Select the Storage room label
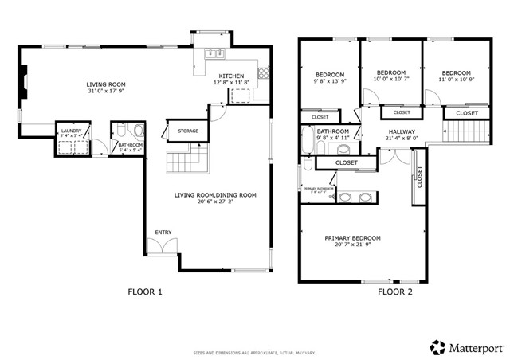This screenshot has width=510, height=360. [x=187, y=131]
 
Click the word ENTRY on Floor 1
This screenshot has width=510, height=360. [x=163, y=233]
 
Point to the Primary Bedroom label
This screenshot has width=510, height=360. [x=352, y=238]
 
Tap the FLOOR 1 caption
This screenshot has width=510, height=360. [x=145, y=292]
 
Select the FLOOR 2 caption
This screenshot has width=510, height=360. [x=395, y=292]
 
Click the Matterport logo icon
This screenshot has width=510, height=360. [x=437, y=346]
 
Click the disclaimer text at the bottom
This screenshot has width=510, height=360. [x=254, y=352]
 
